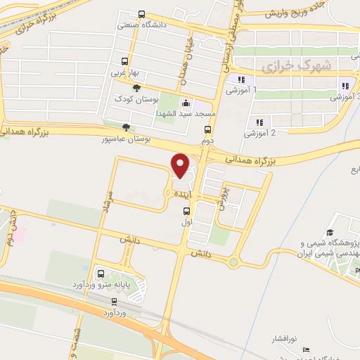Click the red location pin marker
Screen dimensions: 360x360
coord(181,165)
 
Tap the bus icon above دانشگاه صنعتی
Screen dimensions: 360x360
coord(142,14)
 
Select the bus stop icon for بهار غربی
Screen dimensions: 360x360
coord(125,60)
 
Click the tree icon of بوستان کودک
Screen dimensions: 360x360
coord(136,87)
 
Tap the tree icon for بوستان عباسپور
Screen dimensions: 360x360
coord(126,127)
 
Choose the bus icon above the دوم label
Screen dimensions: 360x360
coord(207,129)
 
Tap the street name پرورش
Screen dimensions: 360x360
coord(222,198)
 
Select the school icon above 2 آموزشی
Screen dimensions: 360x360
coord(259,122)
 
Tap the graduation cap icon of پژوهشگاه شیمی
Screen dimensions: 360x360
coord(329,232)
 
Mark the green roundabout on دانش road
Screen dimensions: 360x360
coord(233,263)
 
